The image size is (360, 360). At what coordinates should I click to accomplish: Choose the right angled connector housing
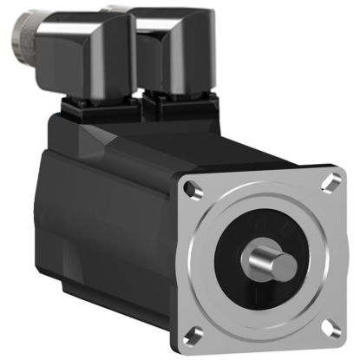(x=177, y=52)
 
